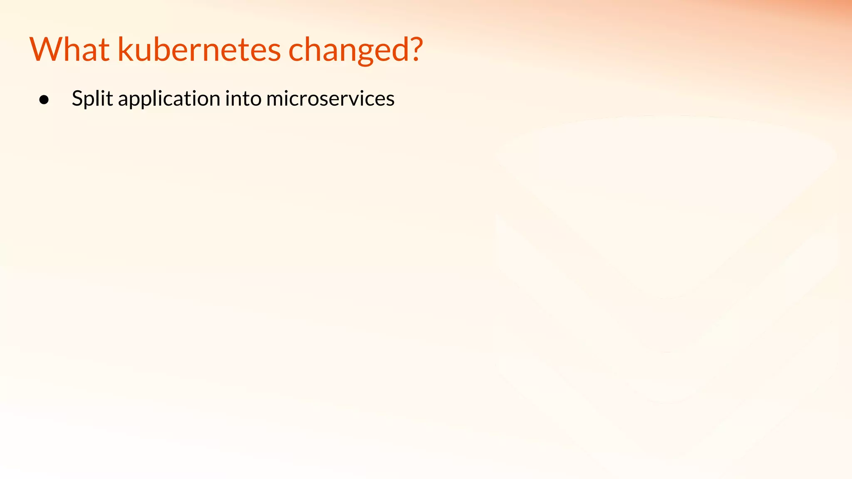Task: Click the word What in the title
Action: point(69,49)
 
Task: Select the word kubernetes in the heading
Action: point(199,49)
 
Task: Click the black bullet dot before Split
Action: point(44,100)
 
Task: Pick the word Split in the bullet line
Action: point(92,99)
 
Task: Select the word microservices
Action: point(330,99)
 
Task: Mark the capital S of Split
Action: point(77,99)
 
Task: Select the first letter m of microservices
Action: point(275,100)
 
